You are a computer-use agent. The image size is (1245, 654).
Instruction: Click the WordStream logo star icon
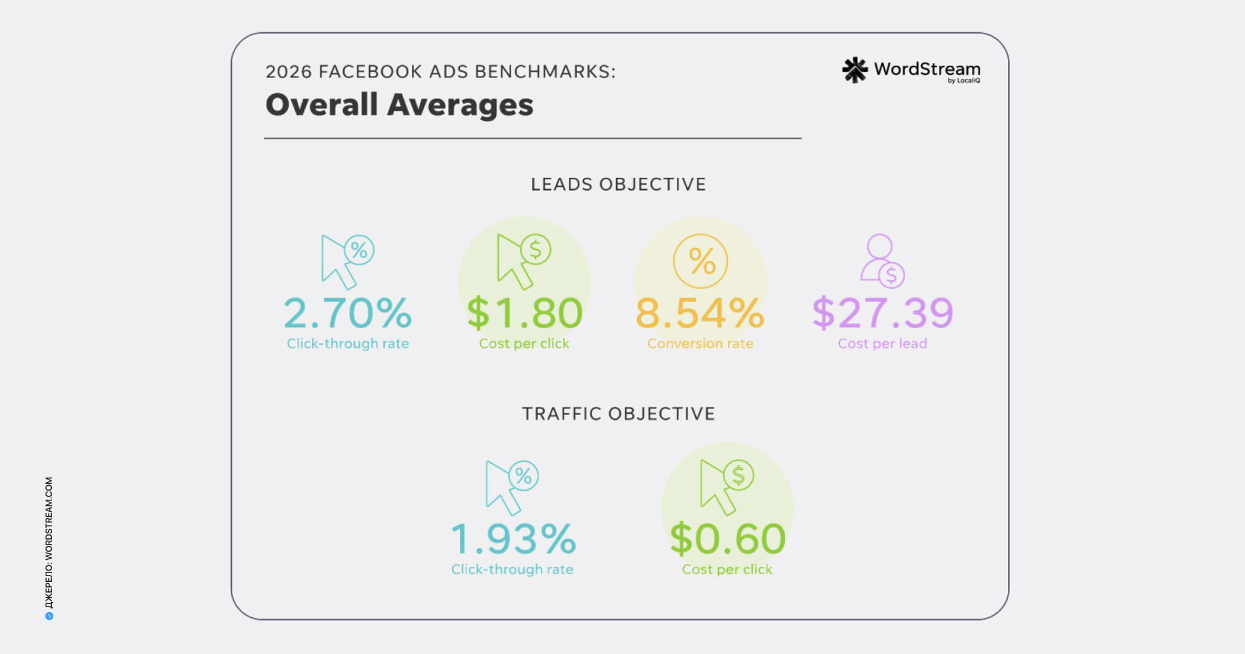(854, 70)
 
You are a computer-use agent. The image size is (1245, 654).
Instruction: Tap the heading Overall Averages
(399, 105)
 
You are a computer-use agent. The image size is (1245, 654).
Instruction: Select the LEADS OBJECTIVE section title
(618, 184)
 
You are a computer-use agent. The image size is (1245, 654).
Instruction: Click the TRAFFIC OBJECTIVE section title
(618, 414)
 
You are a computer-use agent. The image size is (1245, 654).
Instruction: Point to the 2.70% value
(348, 313)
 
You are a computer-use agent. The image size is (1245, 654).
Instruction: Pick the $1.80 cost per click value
(525, 313)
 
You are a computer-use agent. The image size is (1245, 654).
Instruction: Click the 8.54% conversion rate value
(700, 313)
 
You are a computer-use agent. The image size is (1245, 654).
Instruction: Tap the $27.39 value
(882, 313)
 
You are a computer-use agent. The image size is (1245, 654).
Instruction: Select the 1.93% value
(513, 539)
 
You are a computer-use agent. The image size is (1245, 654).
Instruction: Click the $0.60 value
(727, 539)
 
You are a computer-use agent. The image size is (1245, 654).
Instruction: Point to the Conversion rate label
(700, 343)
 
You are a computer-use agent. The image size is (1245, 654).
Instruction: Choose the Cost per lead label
(882, 343)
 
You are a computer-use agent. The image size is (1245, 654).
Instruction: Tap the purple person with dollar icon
(882, 261)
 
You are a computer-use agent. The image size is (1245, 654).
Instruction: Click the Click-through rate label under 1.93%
(513, 569)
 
